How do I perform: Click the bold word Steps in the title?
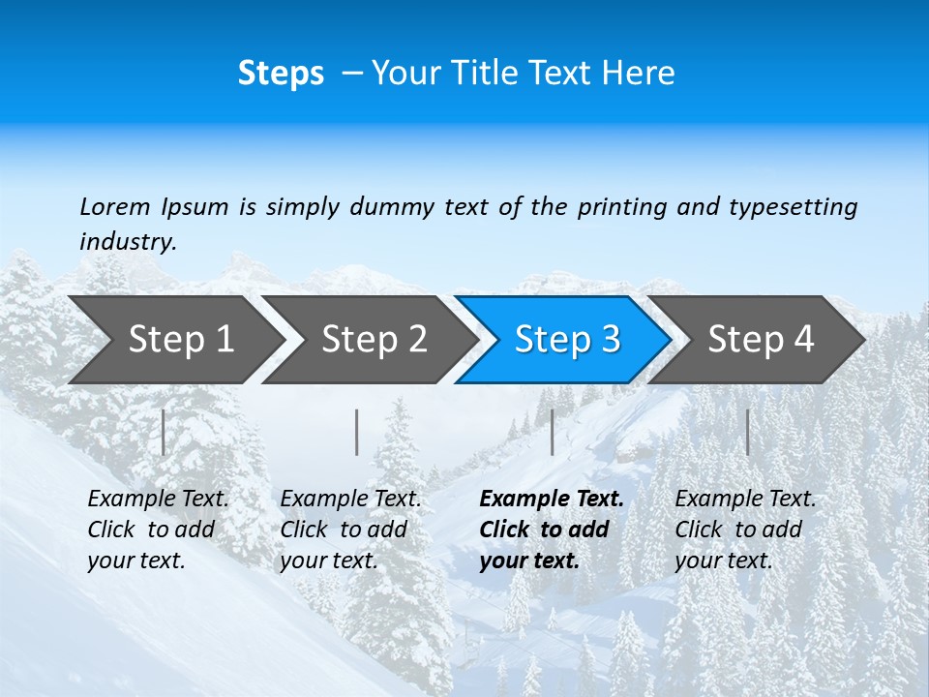tap(281, 74)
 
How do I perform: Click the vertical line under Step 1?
tap(164, 432)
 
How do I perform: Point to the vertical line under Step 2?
tap(357, 432)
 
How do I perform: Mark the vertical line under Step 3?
tap(552, 432)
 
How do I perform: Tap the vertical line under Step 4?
tap(747, 432)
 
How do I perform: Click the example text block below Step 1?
tap(158, 530)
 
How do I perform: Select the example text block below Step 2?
tap(350, 530)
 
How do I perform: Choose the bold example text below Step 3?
tap(552, 530)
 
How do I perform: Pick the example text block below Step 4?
tap(745, 530)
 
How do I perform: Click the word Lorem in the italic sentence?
tap(115, 206)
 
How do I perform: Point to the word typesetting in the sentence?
tap(793, 206)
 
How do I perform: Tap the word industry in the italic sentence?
tap(127, 241)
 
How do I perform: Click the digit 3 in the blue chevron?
tap(610, 339)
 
